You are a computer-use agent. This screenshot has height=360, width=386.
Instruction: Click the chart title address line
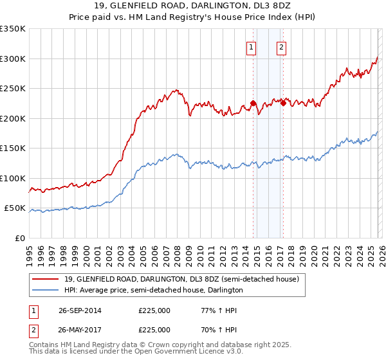193,6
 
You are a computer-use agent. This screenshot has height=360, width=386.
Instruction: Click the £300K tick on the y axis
13,59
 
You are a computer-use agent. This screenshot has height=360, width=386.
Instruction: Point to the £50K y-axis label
15,208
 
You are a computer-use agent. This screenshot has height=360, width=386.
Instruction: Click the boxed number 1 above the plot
250,46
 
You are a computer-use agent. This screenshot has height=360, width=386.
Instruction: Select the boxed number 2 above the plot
282,46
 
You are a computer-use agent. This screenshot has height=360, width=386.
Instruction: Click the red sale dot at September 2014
253,103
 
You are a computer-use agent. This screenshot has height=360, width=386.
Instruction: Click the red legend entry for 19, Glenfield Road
181,280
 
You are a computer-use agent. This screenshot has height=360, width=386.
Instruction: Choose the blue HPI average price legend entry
153,290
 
